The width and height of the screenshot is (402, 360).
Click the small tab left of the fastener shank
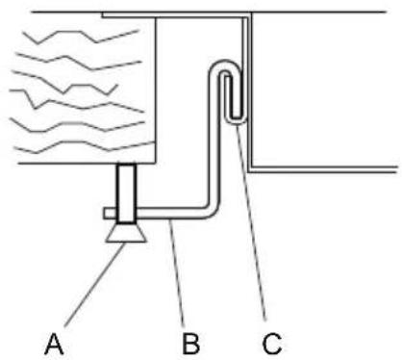(x=110, y=212)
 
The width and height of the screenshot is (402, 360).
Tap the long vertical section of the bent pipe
(x=214, y=144)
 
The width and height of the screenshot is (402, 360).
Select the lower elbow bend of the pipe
(x=211, y=206)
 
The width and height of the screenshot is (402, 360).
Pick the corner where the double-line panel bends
(x=250, y=167)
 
